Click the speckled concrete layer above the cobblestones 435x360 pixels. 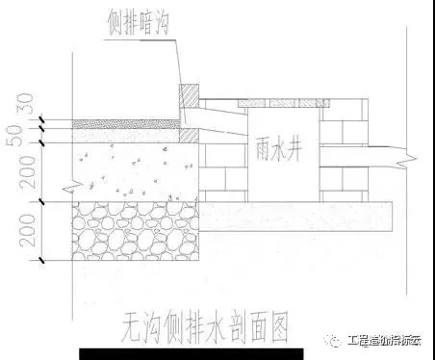(x=125, y=168)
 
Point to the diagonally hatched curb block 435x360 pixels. (x=191, y=96)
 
